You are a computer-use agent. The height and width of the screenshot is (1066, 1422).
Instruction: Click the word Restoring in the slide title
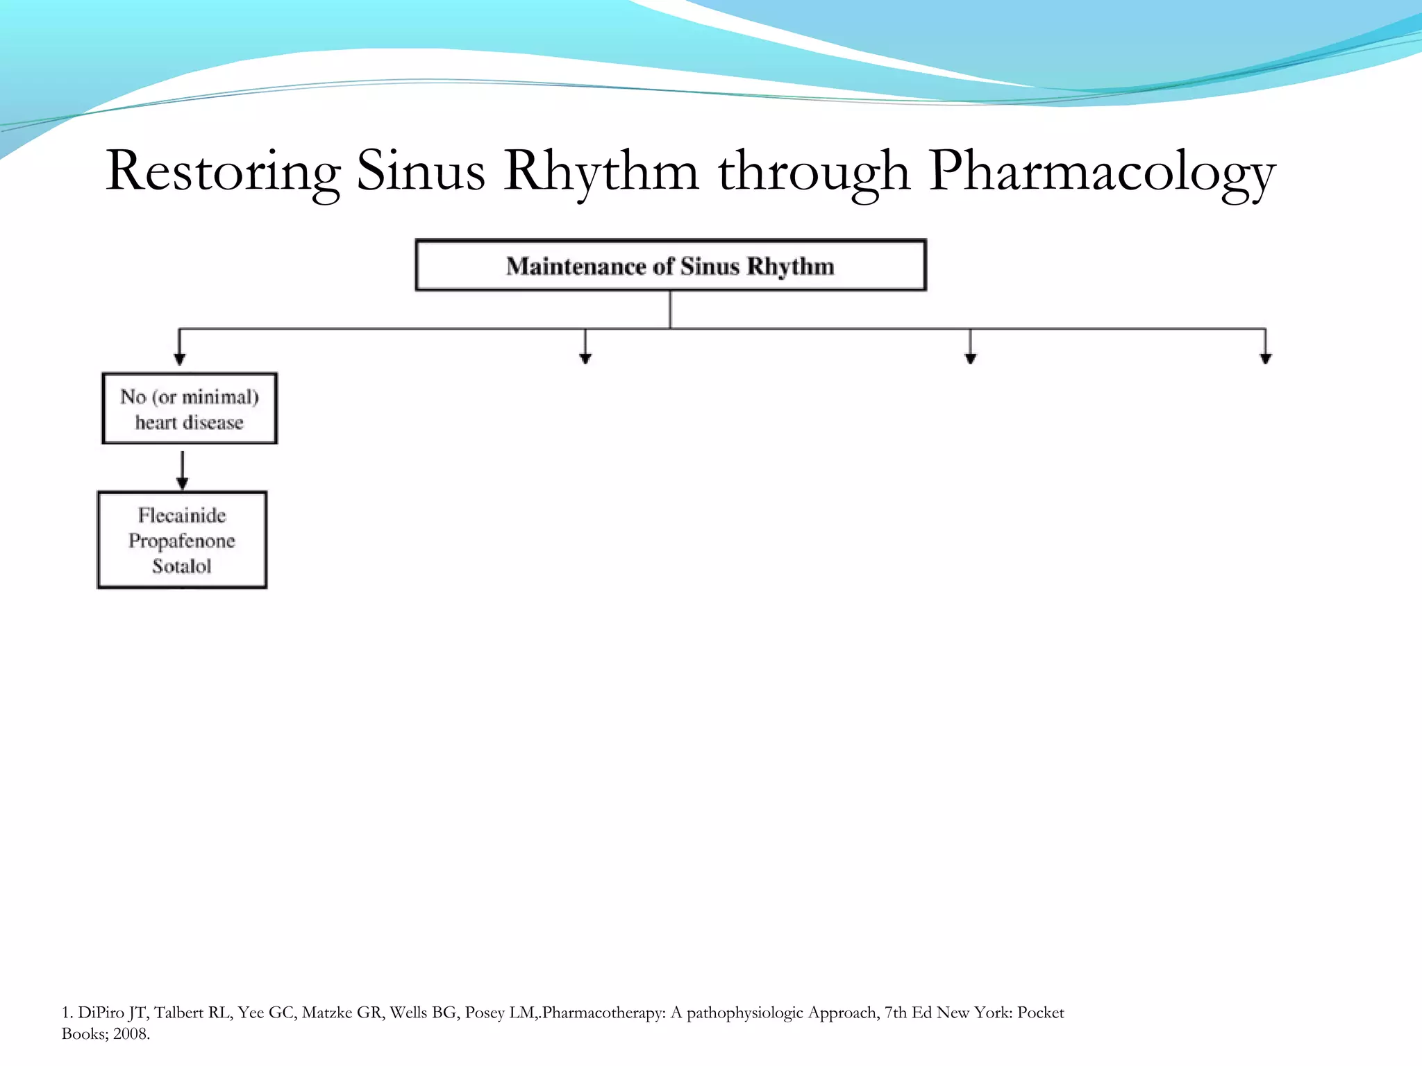coord(223,171)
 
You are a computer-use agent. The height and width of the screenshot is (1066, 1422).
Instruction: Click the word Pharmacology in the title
coord(1102,171)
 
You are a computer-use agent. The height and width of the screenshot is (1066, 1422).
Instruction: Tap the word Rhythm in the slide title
coord(601,171)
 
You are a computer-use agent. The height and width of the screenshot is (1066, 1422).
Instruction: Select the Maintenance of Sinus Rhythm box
coord(670,265)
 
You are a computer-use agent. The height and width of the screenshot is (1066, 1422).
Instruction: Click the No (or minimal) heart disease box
coord(190,409)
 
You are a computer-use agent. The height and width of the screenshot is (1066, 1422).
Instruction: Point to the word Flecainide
coord(182,515)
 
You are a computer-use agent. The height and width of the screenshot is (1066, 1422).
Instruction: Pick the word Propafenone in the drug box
coord(182,541)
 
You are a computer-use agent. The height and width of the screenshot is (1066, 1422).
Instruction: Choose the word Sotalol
coord(182,566)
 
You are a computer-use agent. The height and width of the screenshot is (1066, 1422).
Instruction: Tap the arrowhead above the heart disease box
coord(180,358)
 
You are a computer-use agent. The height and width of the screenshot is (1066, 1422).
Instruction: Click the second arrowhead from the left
coord(585,357)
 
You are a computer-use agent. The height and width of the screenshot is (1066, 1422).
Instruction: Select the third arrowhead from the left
coord(971,357)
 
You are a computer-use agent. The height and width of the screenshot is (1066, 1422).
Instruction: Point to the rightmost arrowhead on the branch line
coord(1266,357)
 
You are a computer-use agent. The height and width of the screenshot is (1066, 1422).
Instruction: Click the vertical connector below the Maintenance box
coord(670,310)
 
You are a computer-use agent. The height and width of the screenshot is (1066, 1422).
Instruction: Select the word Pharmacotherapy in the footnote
coord(603,1013)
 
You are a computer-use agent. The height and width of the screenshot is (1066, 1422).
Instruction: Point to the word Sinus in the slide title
coord(421,171)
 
